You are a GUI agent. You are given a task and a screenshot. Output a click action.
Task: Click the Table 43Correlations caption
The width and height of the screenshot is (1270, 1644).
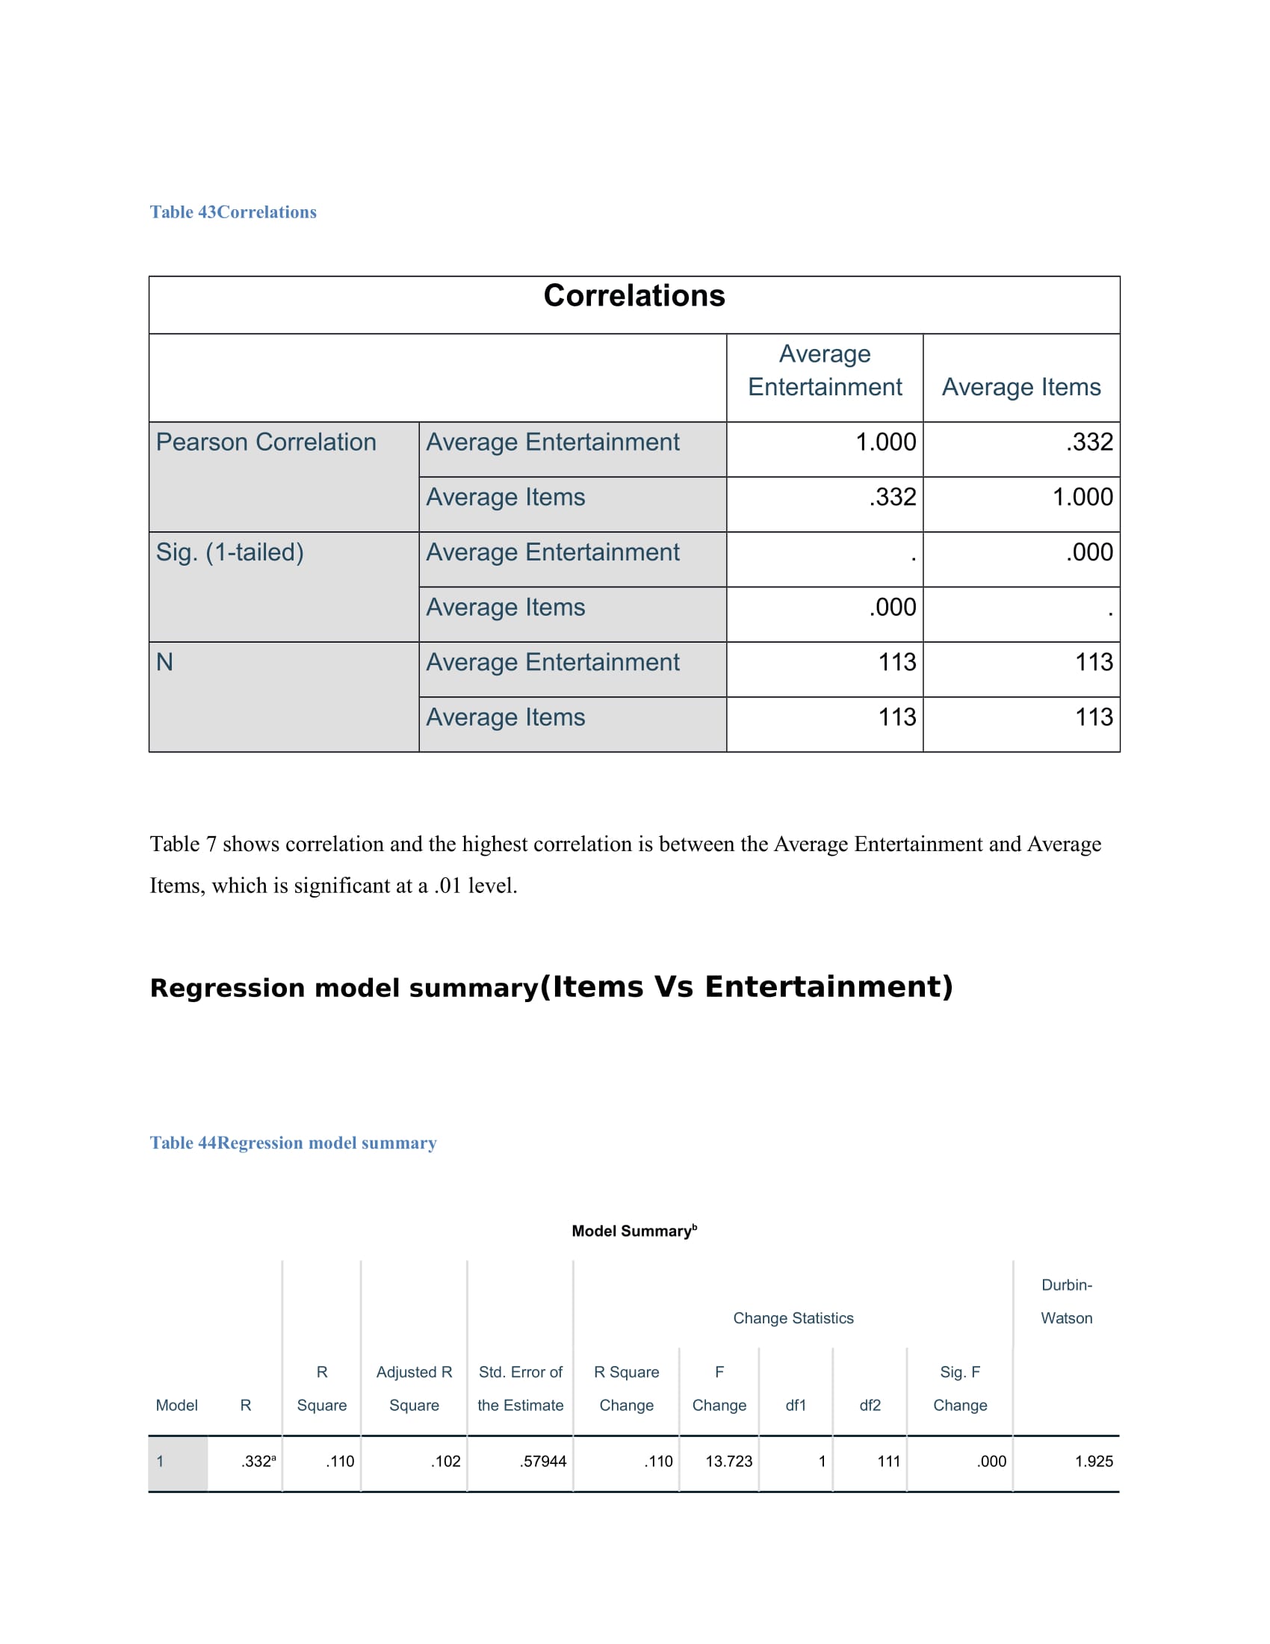(232, 212)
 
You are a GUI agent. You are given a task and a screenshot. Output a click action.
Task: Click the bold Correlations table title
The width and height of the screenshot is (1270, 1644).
(634, 296)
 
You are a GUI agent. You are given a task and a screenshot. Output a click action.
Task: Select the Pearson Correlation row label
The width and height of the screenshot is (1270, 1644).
(266, 442)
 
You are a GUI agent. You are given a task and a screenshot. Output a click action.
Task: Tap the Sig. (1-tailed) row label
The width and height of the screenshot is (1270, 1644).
(229, 551)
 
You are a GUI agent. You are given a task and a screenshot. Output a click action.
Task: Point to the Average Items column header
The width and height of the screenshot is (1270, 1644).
(1020, 387)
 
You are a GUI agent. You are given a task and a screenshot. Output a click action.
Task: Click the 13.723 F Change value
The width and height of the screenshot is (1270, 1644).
(728, 1461)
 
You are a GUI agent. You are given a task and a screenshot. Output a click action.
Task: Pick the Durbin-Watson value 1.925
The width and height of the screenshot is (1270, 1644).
(1092, 1461)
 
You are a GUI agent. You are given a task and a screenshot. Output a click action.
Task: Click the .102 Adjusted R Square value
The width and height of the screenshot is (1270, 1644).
(444, 1461)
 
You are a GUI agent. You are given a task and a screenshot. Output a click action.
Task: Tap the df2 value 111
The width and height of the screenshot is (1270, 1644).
(888, 1461)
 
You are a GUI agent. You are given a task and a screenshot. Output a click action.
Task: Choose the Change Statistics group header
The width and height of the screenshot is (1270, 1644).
(793, 1318)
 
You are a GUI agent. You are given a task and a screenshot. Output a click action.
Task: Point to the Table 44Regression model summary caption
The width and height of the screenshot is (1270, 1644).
(293, 1143)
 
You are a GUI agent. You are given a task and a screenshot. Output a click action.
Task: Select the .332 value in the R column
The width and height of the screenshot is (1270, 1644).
(256, 1461)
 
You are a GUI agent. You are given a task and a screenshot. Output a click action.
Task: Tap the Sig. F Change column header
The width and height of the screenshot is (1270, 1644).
(959, 1389)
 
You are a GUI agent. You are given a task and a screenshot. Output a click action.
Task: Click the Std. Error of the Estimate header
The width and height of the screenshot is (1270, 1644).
(520, 1389)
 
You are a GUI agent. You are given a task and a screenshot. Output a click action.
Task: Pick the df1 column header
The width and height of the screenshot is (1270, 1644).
(796, 1406)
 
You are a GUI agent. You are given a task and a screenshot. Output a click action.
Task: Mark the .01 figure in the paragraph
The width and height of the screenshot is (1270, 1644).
(447, 886)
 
